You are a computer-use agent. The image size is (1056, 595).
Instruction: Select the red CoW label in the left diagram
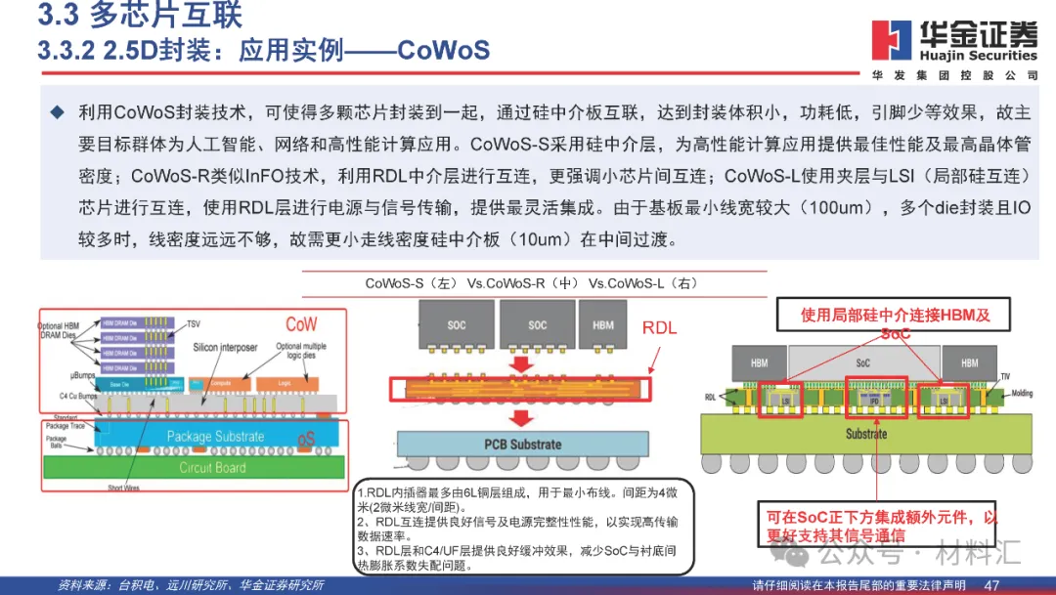301,323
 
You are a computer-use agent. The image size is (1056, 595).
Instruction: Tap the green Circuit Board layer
214,467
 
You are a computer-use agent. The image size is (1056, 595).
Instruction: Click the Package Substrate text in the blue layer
215,437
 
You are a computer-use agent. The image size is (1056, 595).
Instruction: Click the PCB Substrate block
523,445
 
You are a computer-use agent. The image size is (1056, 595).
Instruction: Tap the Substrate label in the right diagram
865,433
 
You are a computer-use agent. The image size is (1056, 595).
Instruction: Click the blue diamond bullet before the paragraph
57,113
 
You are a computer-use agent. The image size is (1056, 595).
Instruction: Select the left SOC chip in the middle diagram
456,324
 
